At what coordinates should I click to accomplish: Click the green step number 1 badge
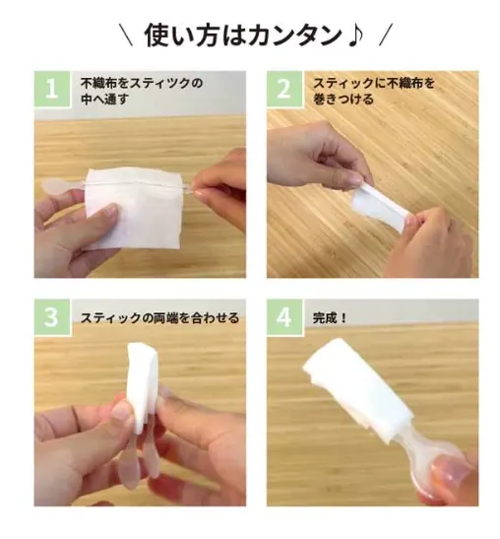click(x=52, y=89)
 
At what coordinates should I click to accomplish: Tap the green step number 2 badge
click(x=284, y=89)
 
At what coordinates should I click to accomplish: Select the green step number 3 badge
click(x=52, y=317)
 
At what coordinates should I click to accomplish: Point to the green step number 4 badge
click(x=284, y=317)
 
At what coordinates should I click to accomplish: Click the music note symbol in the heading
click(x=354, y=35)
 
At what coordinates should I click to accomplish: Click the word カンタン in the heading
click(x=294, y=35)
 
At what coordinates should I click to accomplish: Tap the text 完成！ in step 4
click(x=330, y=318)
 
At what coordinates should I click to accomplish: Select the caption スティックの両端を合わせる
click(x=159, y=318)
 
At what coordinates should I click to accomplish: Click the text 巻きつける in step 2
click(x=344, y=99)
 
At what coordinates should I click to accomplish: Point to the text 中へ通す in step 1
click(x=104, y=99)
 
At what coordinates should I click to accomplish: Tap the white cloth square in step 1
click(x=132, y=207)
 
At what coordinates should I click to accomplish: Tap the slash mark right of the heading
click(x=386, y=34)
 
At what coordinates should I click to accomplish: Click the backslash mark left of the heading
click(x=126, y=34)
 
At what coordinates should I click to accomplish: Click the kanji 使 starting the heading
click(x=156, y=35)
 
